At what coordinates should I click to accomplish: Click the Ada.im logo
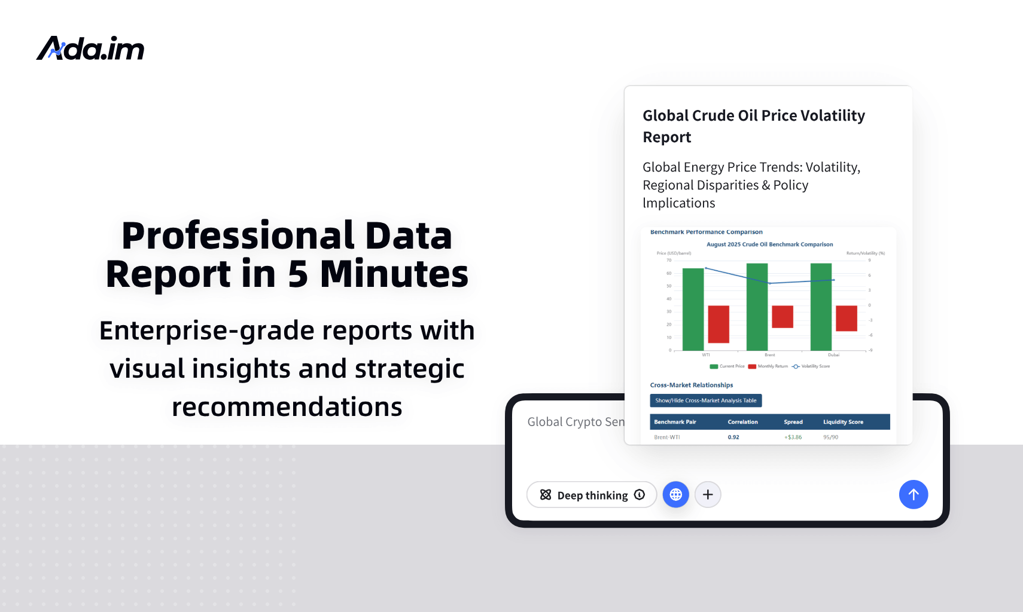90,48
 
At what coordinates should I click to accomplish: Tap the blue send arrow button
913,495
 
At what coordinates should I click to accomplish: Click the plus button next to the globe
708,495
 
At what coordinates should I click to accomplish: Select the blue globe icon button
676,495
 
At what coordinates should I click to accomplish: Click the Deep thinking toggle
592,495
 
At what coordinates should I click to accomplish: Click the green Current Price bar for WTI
693,310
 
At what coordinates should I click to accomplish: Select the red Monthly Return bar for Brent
782,317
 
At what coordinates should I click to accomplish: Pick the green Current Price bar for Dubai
821,307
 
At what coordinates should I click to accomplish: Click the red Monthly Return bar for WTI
718,324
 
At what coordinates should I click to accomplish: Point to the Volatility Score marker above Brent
770,283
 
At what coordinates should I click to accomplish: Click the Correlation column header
742,422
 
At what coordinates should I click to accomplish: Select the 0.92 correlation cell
733,437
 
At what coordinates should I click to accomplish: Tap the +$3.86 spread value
793,437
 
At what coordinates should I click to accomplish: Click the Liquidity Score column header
843,422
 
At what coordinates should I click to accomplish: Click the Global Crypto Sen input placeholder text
576,422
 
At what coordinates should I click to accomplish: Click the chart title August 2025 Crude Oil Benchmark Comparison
769,244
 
